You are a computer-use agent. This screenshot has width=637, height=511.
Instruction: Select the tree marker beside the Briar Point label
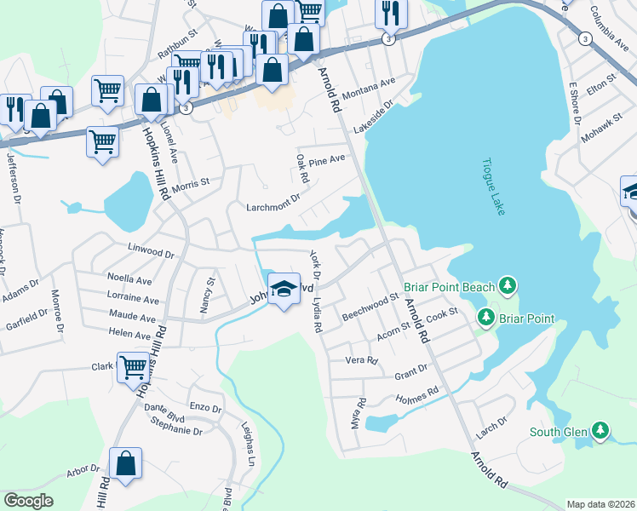tap(486, 319)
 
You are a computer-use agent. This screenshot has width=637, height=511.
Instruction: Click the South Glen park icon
tap(601, 431)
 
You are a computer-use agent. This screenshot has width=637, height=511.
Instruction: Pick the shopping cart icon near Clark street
tap(134, 370)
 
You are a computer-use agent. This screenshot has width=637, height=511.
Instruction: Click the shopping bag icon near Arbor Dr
tap(125, 464)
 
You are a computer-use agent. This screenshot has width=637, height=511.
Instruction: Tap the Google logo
tap(28, 501)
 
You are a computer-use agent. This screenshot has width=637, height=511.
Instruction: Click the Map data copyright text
tap(601, 504)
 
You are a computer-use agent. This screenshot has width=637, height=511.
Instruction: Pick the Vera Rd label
tap(361, 360)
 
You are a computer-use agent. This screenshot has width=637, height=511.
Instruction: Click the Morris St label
tap(190, 183)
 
